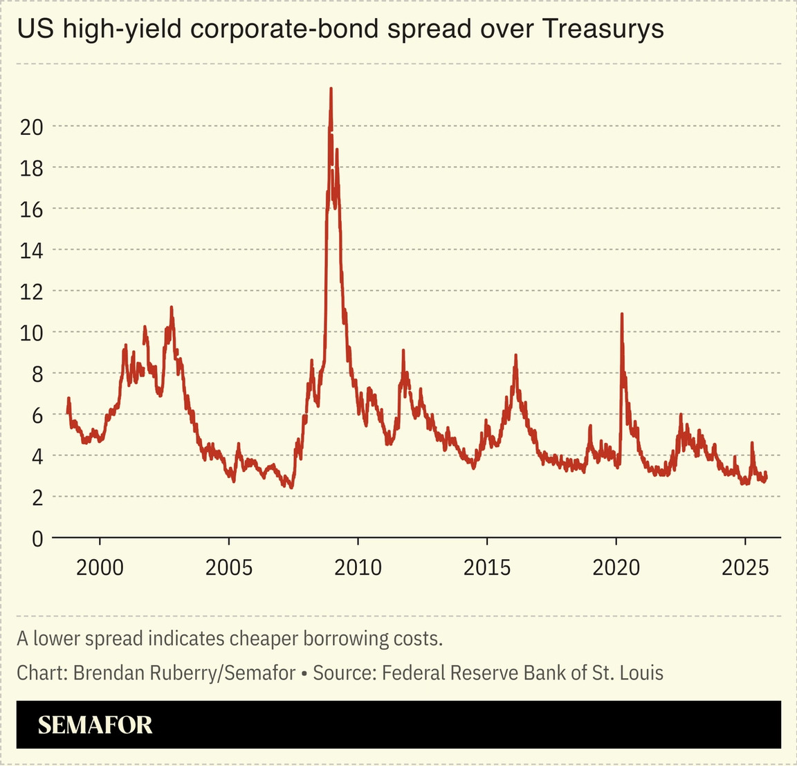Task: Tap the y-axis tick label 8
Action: (x=37, y=374)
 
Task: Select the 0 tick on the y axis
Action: (x=37, y=538)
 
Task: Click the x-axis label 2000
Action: (x=100, y=568)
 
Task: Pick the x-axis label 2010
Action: (x=358, y=568)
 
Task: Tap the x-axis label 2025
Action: (x=745, y=568)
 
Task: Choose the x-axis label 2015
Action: (x=487, y=568)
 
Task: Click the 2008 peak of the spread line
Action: (x=331, y=89)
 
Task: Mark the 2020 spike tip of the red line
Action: (x=621, y=314)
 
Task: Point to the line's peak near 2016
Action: (x=515, y=355)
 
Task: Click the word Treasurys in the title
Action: (x=603, y=29)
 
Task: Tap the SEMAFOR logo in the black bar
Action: (x=95, y=724)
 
